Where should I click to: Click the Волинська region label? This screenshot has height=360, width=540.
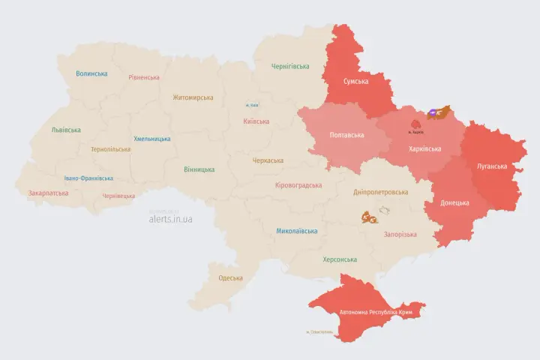91,73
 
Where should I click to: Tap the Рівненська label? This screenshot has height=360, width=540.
144,77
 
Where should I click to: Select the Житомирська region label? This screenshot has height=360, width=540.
193,97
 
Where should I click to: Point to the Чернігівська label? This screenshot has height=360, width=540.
289,67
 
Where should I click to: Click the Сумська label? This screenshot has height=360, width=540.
355,81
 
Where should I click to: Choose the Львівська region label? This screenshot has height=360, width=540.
65,130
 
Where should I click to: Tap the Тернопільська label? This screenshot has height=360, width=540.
110,149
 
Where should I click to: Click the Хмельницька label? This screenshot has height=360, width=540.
152,139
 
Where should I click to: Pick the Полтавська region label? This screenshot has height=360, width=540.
346,135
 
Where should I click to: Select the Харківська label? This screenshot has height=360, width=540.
424,148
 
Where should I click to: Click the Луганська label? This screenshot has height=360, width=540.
491,166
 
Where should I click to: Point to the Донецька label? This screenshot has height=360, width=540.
454,202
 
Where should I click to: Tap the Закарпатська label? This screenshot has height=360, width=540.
48,193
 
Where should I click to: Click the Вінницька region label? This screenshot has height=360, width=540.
199,169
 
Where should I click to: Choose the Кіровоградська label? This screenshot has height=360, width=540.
298,185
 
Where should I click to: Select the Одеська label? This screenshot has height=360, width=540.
230,278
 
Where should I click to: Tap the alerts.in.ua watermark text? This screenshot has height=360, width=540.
170,219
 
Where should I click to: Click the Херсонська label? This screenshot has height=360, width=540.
340,259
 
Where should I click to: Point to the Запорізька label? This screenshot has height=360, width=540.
400,235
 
